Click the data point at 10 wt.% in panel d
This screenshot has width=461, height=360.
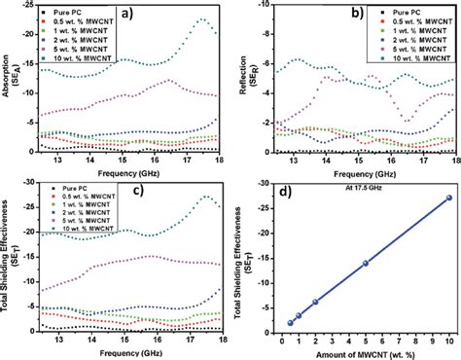[447, 198]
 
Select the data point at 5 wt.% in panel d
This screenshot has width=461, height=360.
[366, 263]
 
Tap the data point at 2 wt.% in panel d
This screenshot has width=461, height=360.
[315, 302]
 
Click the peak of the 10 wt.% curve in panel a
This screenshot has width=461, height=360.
[201, 19]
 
